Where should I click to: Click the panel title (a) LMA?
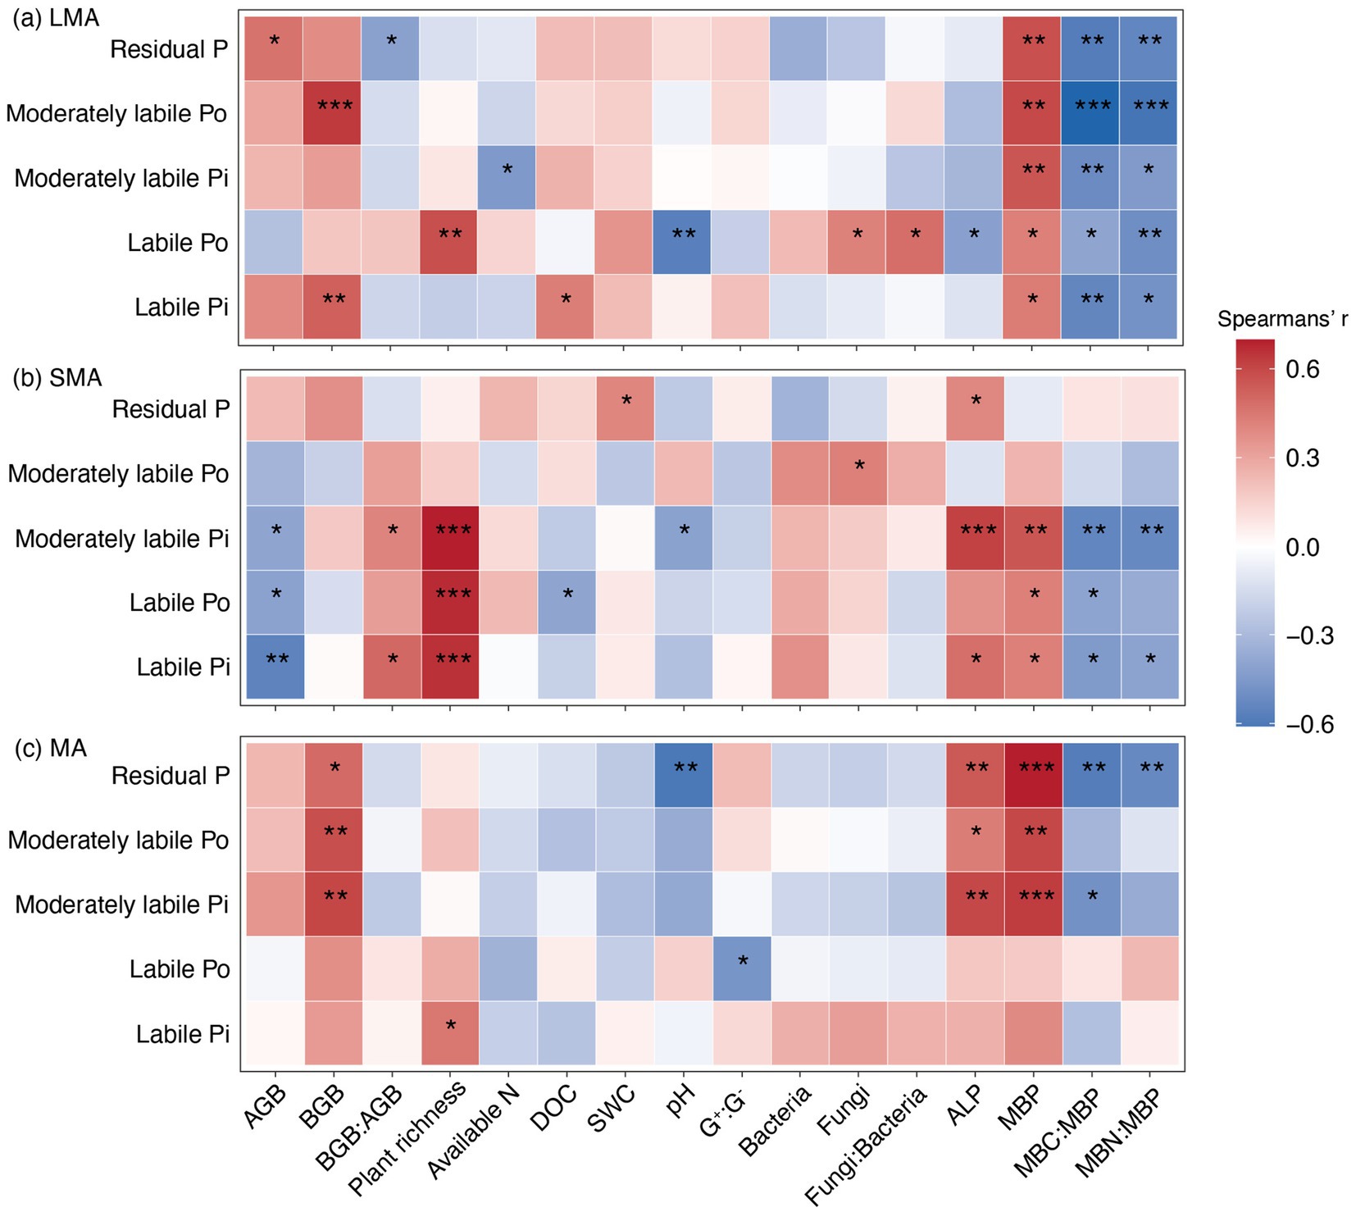coord(55,17)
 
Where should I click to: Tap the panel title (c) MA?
coord(51,748)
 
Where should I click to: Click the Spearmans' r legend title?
coord(1282,319)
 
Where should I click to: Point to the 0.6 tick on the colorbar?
coord(1303,369)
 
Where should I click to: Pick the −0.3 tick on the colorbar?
coord(1308,636)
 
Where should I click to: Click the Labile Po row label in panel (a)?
coord(178,243)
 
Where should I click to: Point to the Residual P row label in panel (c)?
coord(171,776)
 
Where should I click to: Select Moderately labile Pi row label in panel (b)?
coord(122,539)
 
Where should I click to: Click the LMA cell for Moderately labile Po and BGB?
coord(332,113)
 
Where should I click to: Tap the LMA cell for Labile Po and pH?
coord(683,243)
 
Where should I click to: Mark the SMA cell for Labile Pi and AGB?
coord(275,667)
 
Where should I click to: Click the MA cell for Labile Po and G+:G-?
coord(741,968)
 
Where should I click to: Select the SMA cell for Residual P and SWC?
coord(625,409)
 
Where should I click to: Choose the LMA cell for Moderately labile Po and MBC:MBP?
coord(1090,113)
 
